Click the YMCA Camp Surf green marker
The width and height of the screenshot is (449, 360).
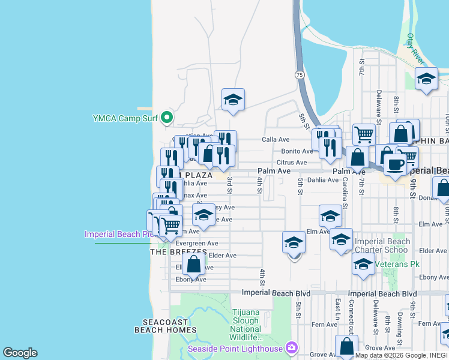coord(167,118)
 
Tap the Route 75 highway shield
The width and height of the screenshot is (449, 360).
coord(299,74)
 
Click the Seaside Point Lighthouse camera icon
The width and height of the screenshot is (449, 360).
coord(292,347)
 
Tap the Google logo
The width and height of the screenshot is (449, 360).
coord(20,353)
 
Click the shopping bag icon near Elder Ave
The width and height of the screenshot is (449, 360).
coord(194,263)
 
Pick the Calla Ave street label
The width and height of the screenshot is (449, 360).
coord(276,139)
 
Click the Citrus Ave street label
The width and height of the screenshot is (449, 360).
coord(292,163)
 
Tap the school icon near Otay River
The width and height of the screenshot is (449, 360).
coord(427,79)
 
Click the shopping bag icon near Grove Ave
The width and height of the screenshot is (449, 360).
coord(347,346)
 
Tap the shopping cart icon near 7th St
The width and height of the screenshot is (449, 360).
coord(364,134)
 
